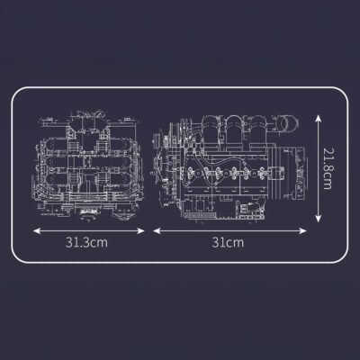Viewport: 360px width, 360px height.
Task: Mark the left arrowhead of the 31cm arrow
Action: (153, 229)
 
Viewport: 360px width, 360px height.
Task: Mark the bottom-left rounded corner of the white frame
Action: (20, 261)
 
